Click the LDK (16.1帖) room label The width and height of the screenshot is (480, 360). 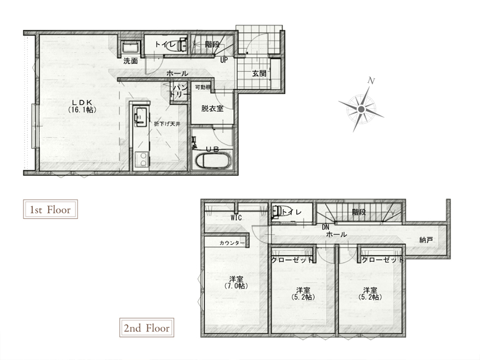point(82,106)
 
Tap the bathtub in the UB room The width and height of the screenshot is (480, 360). point(213,160)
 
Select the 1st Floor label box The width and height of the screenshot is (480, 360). point(51,209)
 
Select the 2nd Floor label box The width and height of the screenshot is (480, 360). point(147,328)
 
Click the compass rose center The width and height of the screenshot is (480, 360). point(361,109)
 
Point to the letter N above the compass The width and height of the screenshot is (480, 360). point(371,81)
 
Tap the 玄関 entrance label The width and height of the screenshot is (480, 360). point(259,74)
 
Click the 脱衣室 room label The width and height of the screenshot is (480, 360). point(212,109)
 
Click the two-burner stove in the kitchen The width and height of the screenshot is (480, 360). point(141,159)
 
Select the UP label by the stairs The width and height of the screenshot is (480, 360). point(224,60)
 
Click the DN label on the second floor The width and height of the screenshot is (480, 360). point(326,227)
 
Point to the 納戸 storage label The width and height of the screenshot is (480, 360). point(426,239)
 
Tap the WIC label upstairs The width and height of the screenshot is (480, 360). point(236,218)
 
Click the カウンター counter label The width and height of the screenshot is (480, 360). point(232,243)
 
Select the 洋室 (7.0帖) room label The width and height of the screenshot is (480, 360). point(236,282)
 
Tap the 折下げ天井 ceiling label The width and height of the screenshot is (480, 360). point(167,124)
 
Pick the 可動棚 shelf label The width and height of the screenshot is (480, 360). point(203,87)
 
